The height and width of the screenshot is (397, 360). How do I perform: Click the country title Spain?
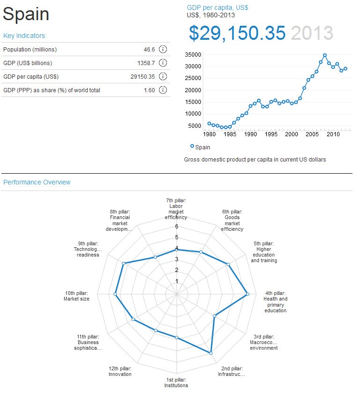pyautogui.click(x=26, y=15)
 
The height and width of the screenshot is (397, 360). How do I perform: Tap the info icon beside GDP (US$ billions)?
pyautogui.click(x=163, y=63)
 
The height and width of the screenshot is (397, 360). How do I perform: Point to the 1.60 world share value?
pyautogui.click(x=149, y=90)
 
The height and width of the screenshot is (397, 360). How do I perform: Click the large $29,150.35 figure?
pyautogui.click(x=237, y=33)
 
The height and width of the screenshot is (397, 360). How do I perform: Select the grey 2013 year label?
pyautogui.click(x=312, y=33)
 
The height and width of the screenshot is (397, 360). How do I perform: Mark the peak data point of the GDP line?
pyautogui.click(x=325, y=55)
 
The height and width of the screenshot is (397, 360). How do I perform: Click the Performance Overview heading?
pyautogui.click(x=37, y=182)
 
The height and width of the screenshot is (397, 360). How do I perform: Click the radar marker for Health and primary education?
pyautogui.click(x=248, y=294)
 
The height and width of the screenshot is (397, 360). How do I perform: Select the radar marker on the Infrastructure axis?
pyautogui.click(x=211, y=353)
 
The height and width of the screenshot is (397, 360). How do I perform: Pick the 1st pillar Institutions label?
pyautogui.click(x=176, y=382)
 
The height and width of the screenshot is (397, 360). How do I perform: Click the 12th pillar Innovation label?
pyautogui.click(x=120, y=371)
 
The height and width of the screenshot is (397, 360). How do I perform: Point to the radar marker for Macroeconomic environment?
pyautogui.click(x=214, y=316)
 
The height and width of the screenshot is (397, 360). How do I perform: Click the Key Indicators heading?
pyautogui.click(x=25, y=36)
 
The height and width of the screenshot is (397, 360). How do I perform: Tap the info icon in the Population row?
pyautogui.click(x=163, y=50)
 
